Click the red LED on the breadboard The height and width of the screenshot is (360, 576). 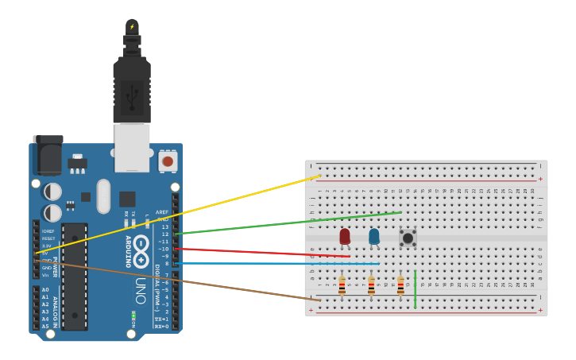tap(345, 236)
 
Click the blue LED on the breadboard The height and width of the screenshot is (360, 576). tap(374, 236)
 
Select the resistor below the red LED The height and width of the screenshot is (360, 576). tap(342, 285)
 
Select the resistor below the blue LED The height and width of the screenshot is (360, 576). tap(371, 285)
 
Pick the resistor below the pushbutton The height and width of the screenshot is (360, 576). tap(400, 285)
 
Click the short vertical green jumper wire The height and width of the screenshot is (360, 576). tap(415, 289)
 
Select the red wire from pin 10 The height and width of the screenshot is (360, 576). tap(262, 252)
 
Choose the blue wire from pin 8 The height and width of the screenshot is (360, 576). tap(278, 263)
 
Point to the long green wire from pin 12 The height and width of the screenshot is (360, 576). tap(286, 223)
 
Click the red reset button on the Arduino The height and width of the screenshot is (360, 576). tap(167, 161)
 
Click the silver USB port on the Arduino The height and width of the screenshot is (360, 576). tap(132, 148)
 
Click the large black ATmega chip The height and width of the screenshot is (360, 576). tap(75, 276)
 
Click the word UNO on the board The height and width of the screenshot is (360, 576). tap(140, 290)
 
